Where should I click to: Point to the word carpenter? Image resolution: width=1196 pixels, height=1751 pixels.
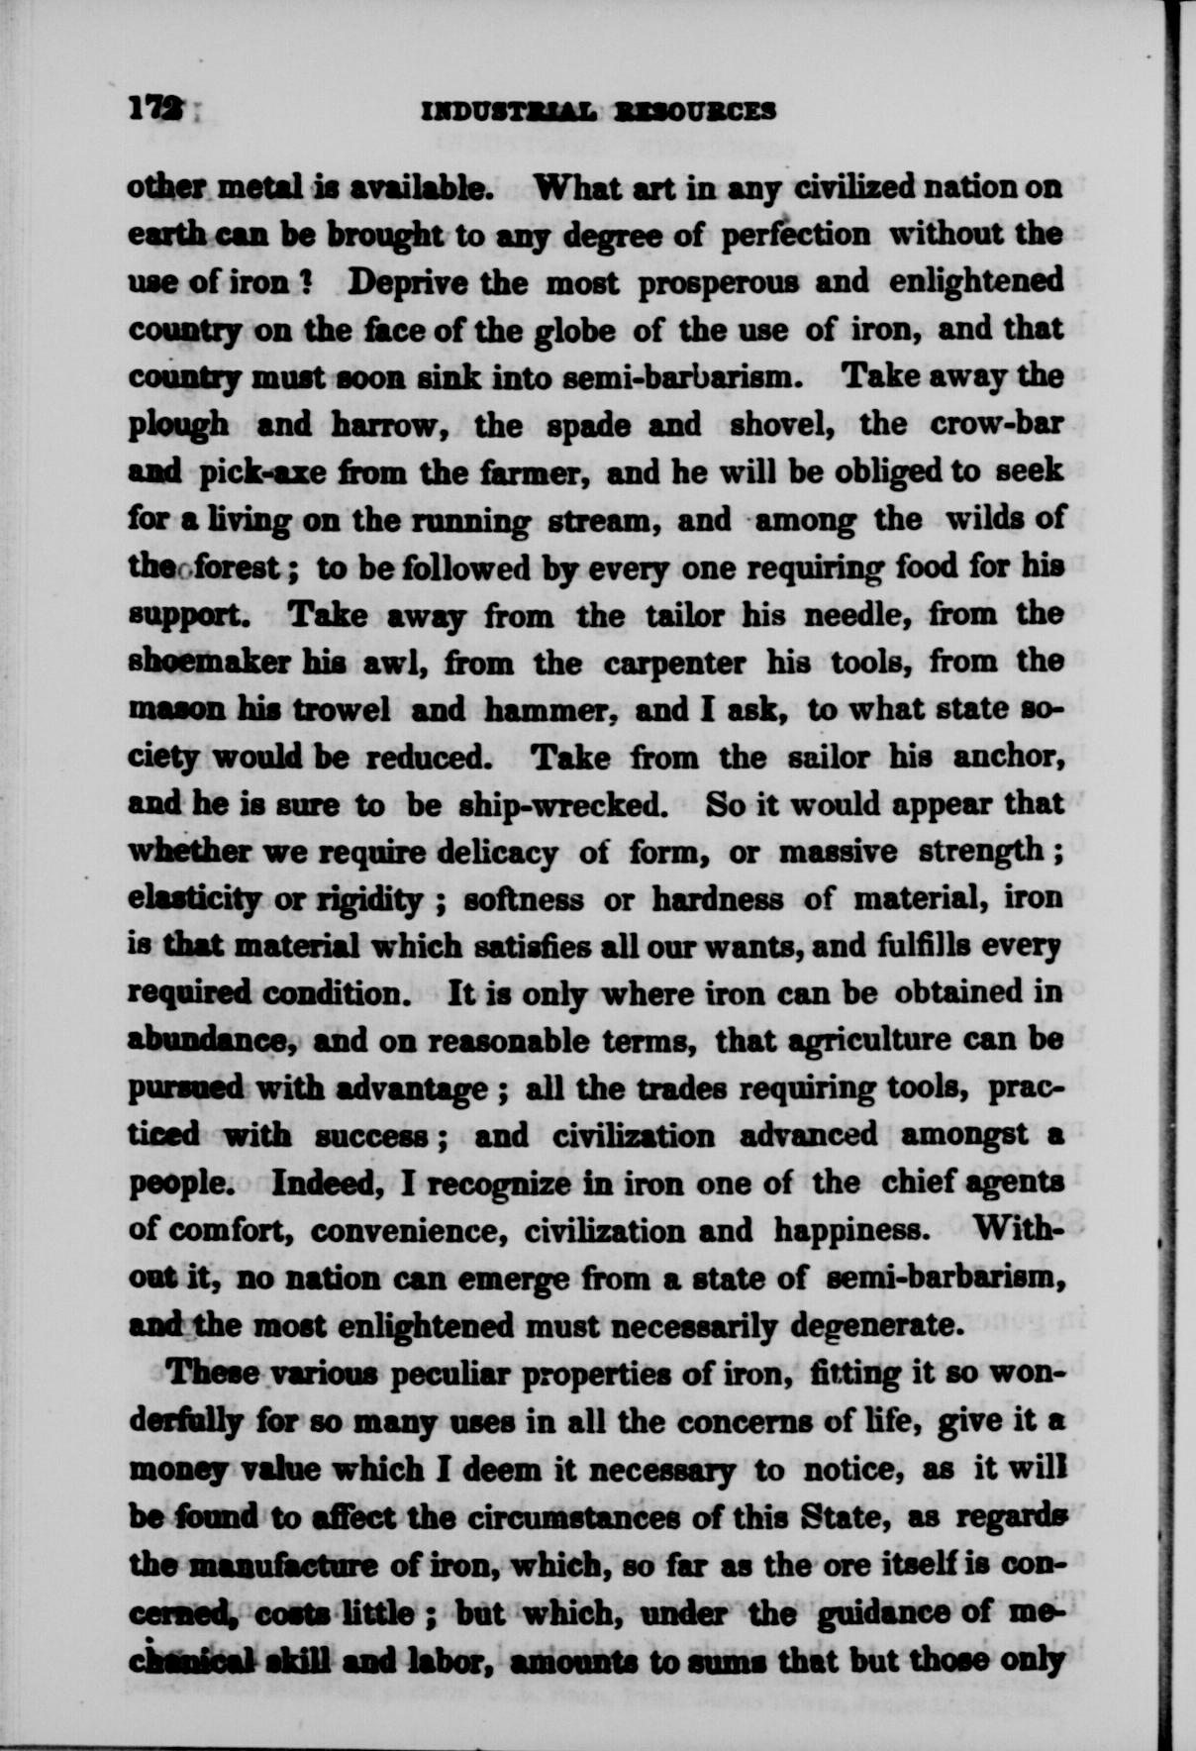[674, 664]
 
